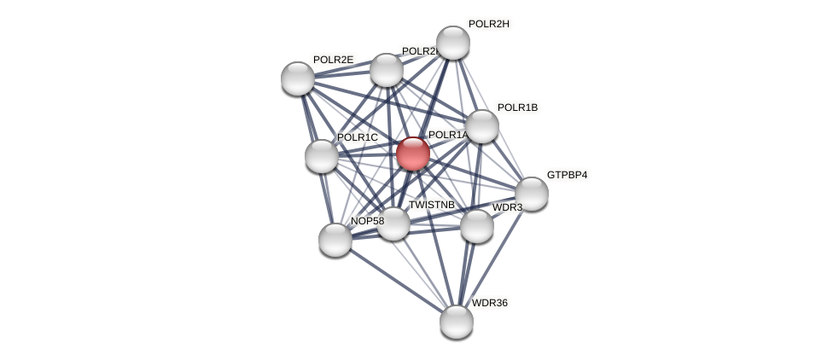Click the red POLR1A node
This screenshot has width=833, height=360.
coord(413,154)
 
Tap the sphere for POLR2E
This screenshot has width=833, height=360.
coord(298,78)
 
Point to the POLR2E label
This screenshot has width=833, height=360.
coord(333,60)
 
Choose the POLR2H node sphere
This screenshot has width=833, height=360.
coord(453,43)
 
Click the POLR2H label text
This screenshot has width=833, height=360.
coord(488,24)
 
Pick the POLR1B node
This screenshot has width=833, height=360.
coord(482,126)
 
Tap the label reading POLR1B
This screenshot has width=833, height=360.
coord(517,107)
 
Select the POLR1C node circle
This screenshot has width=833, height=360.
coord(322,156)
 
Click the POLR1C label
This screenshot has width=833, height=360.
coord(357,137)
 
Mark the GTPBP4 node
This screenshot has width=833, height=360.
coord(532,194)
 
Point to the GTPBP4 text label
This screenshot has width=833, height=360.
coord(567,175)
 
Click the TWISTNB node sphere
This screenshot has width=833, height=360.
coord(393,224)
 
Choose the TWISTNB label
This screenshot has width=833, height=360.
coord(431,205)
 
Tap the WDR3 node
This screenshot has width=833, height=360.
coord(477,226)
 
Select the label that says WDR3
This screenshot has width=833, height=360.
coord(507,207)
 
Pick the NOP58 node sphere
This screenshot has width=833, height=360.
coord(335,240)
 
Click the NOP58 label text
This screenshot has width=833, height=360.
coord(367,221)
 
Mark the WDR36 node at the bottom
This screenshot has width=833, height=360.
coord(457,322)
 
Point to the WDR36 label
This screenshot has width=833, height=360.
coord(489,303)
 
